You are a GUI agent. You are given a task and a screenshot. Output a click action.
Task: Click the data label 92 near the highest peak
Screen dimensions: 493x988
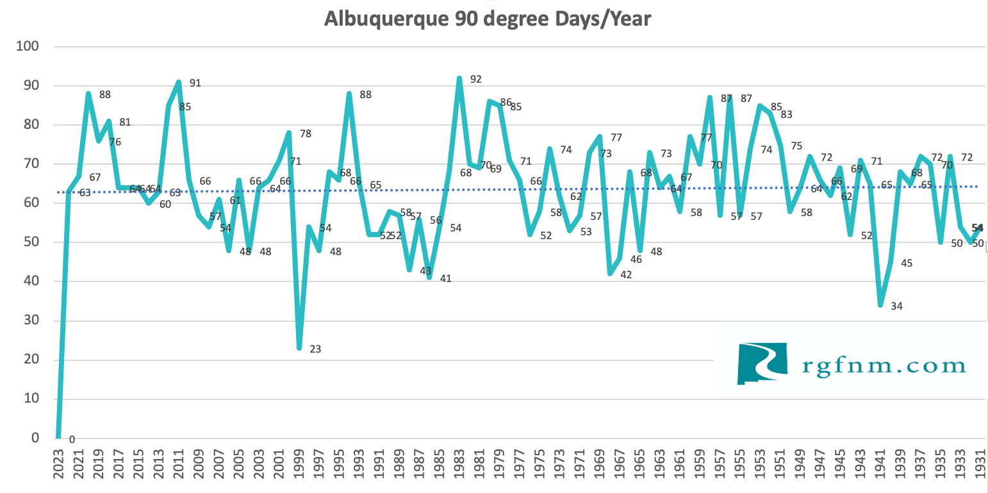pyautogui.click(x=475, y=79)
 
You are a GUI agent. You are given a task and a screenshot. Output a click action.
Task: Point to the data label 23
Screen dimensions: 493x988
pyautogui.click(x=315, y=349)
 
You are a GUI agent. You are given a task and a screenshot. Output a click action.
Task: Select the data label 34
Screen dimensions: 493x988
pyautogui.click(x=896, y=306)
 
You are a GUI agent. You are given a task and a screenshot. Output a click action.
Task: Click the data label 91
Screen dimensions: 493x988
pyautogui.click(x=195, y=83)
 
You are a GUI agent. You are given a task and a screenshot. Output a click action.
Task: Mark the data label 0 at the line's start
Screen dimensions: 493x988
pyautogui.click(x=72, y=440)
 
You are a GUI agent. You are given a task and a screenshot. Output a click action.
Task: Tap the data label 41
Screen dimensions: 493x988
pyautogui.click(x=446, y=279)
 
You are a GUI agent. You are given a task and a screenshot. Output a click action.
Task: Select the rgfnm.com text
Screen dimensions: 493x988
pyautogui.click(x=884, y=365)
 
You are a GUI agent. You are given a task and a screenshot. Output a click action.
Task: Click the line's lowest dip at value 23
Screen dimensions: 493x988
pyautogui.click(x=299, y=348)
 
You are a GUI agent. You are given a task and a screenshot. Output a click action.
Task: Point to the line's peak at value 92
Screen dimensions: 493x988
pyautogui.click(x=459, y=78)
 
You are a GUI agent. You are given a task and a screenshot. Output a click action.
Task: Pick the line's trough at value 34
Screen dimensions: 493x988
pyautogui.click(x=880, y=305)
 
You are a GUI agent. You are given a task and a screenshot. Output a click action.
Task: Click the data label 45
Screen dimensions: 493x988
pyautogui.click(x=907, y=263)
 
